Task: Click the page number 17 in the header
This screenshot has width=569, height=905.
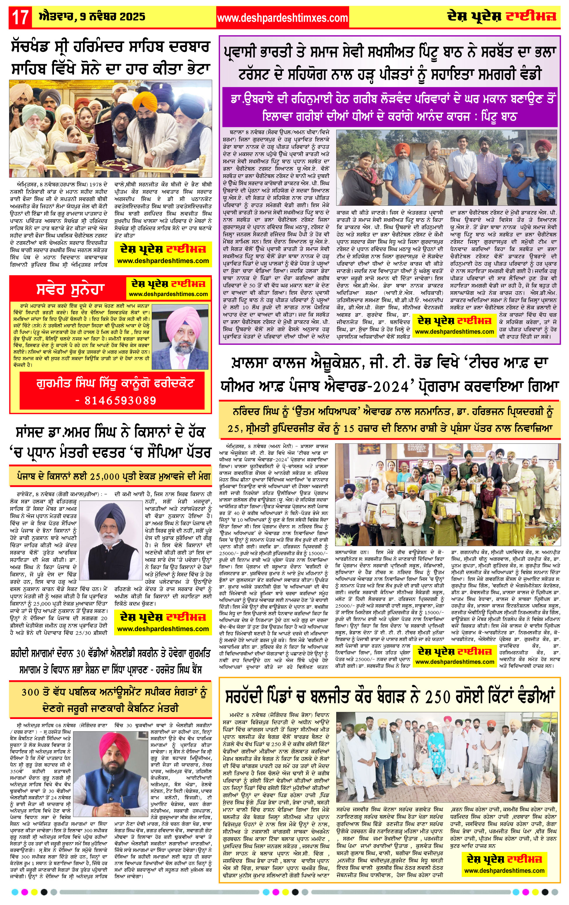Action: [20, 17]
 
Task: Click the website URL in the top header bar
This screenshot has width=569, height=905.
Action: [283, 18]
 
